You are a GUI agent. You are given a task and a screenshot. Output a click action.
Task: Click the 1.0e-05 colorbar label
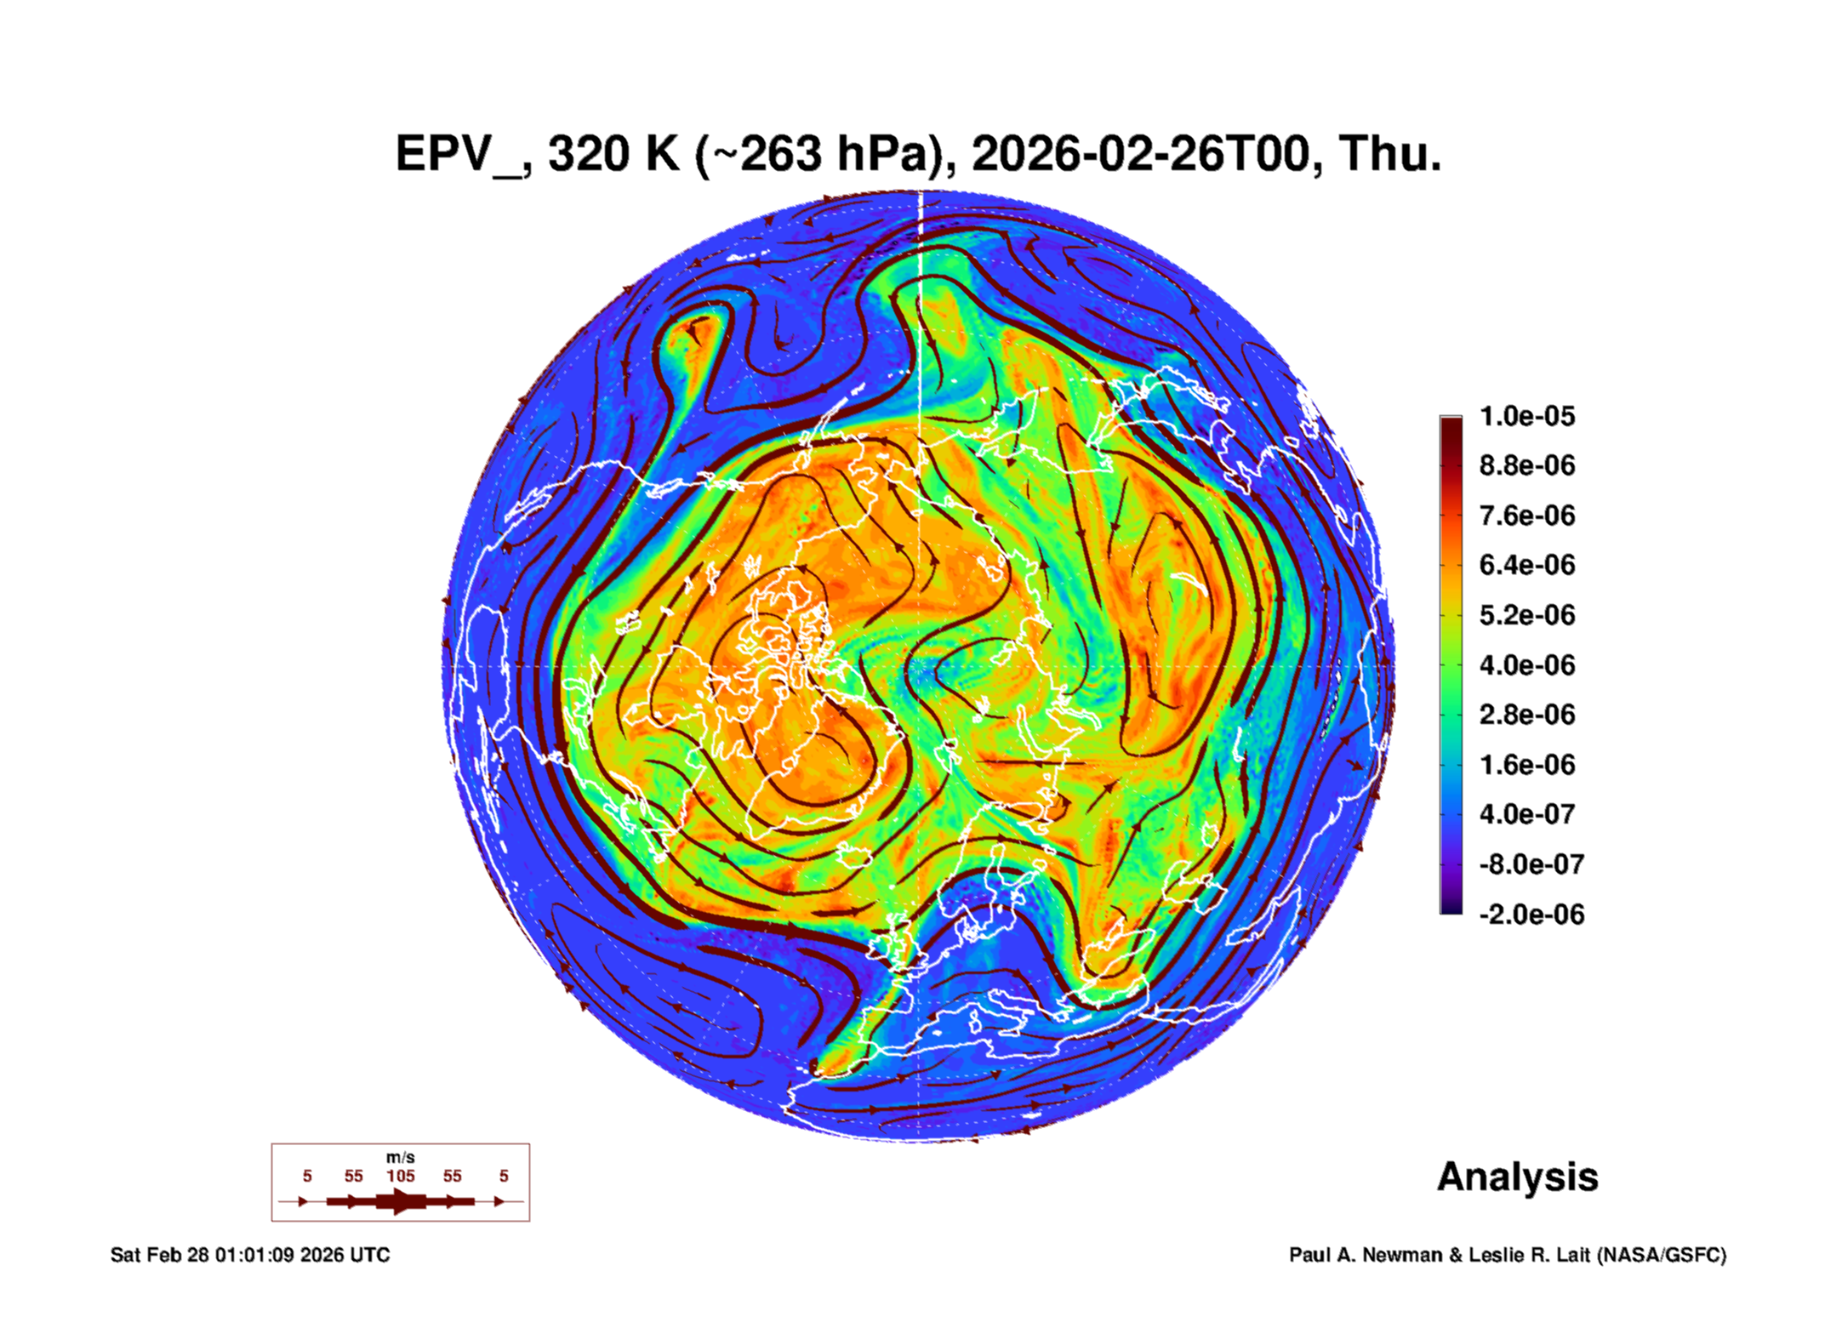1527,416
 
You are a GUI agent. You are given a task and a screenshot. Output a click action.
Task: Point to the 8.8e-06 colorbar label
1527,465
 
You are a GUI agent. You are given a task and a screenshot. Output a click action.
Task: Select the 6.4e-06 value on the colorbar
1527,565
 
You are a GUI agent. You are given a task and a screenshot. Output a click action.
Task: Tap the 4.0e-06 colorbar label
1527,664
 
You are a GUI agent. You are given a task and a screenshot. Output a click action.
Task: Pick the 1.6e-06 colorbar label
1527,764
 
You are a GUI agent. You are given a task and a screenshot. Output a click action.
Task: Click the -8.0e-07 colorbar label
1531,864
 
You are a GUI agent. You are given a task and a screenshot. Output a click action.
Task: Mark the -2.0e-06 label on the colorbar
1531,915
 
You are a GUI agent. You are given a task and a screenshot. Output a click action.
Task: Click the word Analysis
1518,1178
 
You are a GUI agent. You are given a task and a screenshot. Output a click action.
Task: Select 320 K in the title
613,154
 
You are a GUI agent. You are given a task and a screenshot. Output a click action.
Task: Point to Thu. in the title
1390,154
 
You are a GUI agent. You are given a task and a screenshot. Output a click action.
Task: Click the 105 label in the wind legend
401,1176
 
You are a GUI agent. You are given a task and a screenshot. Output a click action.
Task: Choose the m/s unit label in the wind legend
401,1157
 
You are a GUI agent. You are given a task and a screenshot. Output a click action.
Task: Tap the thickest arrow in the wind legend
401,1201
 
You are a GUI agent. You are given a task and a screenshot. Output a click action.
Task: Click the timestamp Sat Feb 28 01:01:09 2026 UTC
250,1255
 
